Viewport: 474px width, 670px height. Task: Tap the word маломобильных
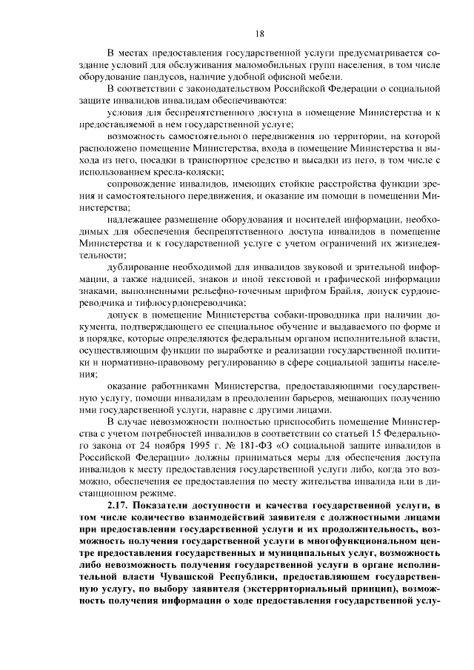[241, 66]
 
